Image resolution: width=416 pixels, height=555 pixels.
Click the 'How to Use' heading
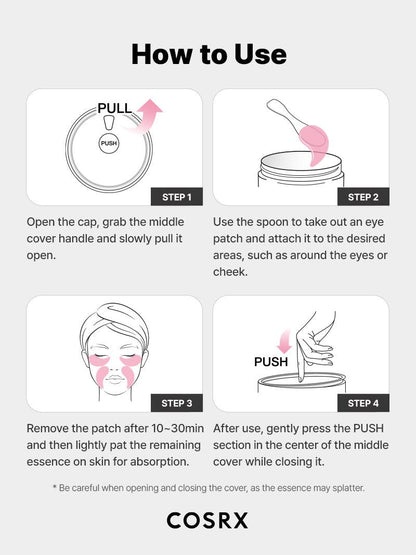tap(208, 53)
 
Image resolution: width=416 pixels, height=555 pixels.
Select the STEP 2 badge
tap(361, 196)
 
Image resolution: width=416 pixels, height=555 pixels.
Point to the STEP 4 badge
tap(361, 403)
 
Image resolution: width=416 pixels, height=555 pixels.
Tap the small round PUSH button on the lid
tap(109, 144)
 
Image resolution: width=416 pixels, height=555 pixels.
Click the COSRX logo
tap(207, 520)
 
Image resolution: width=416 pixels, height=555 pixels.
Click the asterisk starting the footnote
tap(56, 487)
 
